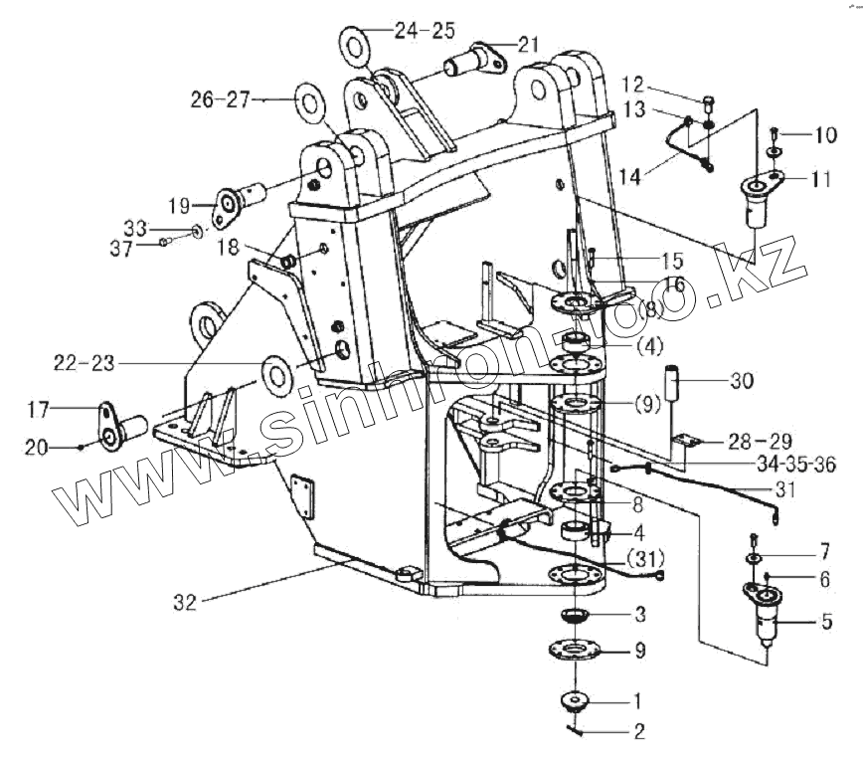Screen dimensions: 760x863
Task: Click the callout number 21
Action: click(x=528, y=43)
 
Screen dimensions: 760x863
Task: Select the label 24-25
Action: click(x=425, y=31)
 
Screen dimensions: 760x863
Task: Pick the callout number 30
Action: click(x=742, y=381)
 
